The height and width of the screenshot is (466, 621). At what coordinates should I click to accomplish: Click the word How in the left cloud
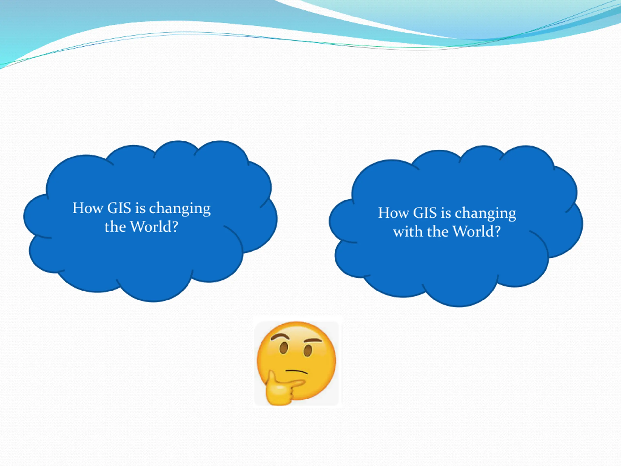[x=88, y=208]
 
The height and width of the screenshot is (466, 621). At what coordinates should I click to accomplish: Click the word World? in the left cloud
[x=154, y=227]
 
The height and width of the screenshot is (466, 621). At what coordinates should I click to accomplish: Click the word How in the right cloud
[x=393, y=213]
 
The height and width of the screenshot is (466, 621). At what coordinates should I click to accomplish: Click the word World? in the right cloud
[x=477, y=232]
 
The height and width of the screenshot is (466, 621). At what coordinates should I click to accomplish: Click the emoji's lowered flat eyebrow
[x=313, y=341]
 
